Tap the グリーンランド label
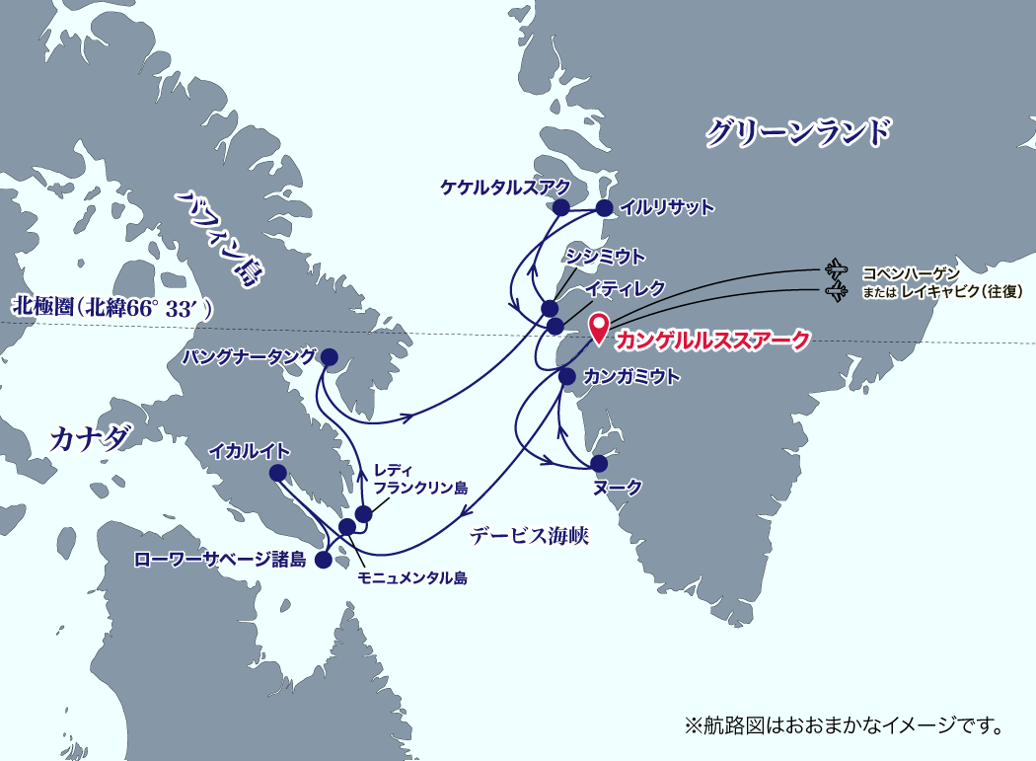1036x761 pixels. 797,132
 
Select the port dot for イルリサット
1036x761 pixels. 604,207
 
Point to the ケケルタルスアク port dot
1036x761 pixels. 560,207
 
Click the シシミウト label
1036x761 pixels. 605,257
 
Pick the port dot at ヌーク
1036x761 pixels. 598,463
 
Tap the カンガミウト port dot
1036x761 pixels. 567,376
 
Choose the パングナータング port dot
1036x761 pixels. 330,356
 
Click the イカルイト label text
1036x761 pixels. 250,451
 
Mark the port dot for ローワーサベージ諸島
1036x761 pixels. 323,560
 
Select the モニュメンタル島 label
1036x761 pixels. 411,578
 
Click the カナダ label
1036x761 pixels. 90,438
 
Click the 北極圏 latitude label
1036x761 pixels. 108,308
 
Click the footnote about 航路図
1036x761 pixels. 844,726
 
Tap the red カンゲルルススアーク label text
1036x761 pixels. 712,341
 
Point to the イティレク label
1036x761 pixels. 624,287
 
